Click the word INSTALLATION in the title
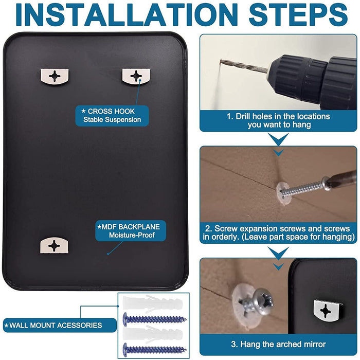pyautogui.click(x=127, y=14)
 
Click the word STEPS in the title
pyautogui.click(x=298, y=14)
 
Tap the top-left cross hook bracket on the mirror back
pyautogui.click(x=55, y=77)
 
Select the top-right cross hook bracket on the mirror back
pyautogui.click(x=136, y=76)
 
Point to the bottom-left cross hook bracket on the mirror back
pyautogui.click(x=54, y=246)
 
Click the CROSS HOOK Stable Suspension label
pyautogui.click(x=112, y=116)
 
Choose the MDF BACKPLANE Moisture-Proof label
pyautogui.click(x=131, y=231)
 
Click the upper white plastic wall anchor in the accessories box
pyautogui.click(x=153, y=303)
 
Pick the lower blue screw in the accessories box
pyautogui.click(x=154, y=350)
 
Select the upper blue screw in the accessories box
pyautogui.click(x=154, y=319)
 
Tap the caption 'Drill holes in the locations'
pyautogui.click(x=278, y=116)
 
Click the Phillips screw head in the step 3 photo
pyautogui.click(x=263, y=302)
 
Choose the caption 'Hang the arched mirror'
pyautogui.click(x=278, y=345)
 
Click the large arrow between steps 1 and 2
pyautogui.click(x=278, y=139)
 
